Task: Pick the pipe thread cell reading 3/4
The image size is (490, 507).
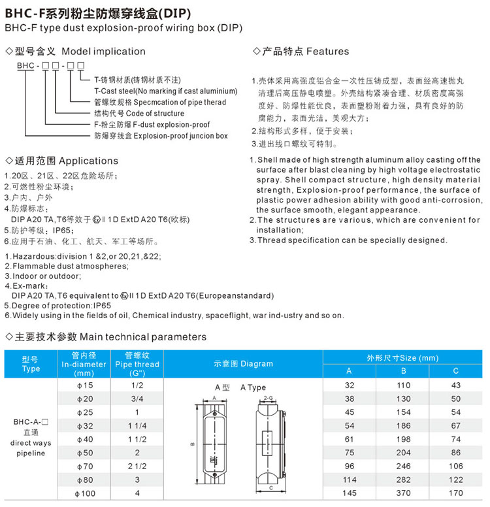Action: tap(137, 399)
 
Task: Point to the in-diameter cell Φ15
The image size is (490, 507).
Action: tap(86, 385)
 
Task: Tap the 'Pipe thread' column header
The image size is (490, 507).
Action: tap(137, 364)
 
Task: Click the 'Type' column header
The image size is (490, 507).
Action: tap(31, 364)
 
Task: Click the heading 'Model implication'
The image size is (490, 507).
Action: tap(103, 51)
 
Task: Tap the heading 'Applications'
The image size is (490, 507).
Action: tap(88, 161)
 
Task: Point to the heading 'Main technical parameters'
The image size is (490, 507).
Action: tap(142, 337)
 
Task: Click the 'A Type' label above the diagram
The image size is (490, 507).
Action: tap(253, 387)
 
